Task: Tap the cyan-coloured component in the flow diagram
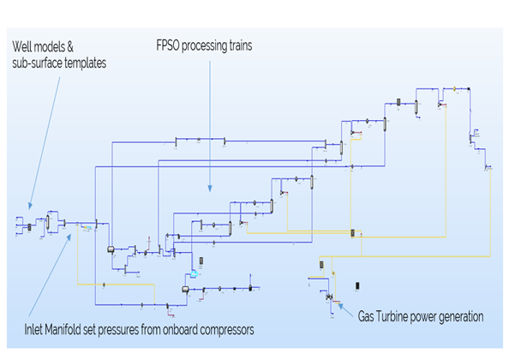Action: [x=195, y=273]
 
